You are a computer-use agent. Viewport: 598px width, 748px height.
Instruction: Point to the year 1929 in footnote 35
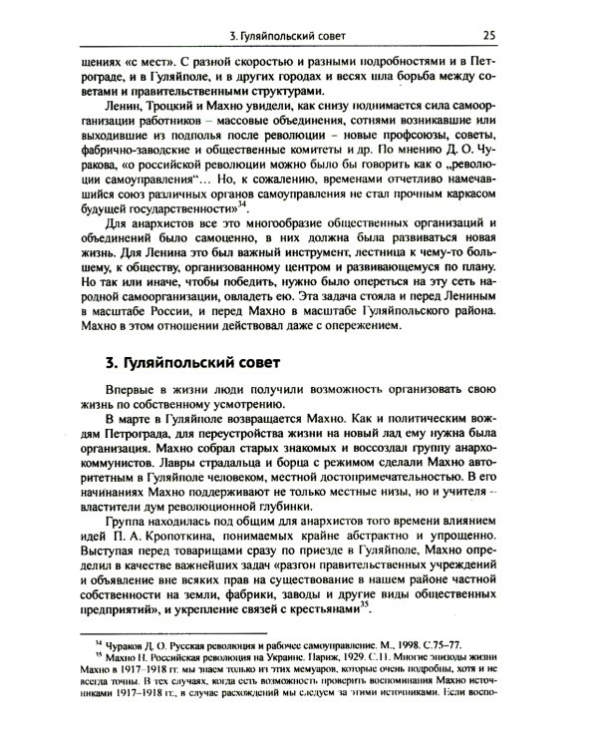(x=309, y=656)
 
